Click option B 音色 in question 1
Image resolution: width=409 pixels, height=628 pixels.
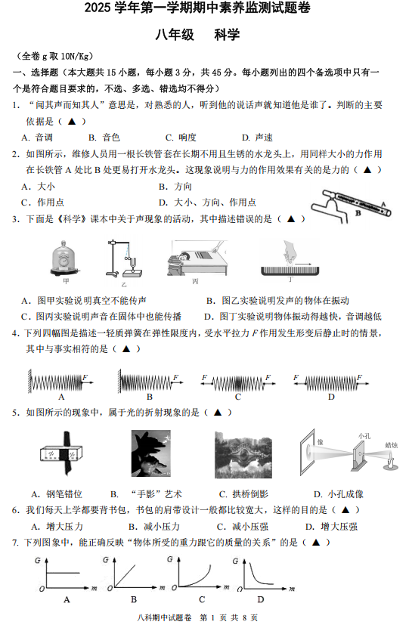104,138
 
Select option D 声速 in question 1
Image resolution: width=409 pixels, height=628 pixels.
257,138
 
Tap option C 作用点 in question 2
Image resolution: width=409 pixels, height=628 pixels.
43,203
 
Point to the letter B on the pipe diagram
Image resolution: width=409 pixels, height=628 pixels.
358,213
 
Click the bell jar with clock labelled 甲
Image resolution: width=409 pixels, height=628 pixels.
65,258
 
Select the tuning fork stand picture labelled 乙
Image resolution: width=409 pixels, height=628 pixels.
124,259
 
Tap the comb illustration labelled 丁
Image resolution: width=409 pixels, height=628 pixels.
290,258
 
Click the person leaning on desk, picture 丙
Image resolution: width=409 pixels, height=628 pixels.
197,258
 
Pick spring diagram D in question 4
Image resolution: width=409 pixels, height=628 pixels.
331,382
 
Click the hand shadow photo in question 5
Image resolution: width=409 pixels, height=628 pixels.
151,453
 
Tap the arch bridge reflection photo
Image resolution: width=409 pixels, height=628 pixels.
243,455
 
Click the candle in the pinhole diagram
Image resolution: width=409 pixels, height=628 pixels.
390,461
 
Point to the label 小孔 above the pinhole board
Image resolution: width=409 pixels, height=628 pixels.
364,436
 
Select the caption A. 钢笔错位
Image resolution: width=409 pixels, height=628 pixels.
57,494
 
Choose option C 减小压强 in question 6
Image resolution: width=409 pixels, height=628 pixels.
243,527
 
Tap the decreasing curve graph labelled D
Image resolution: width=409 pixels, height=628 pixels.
264,574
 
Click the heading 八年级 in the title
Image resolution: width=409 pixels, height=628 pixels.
175,35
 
